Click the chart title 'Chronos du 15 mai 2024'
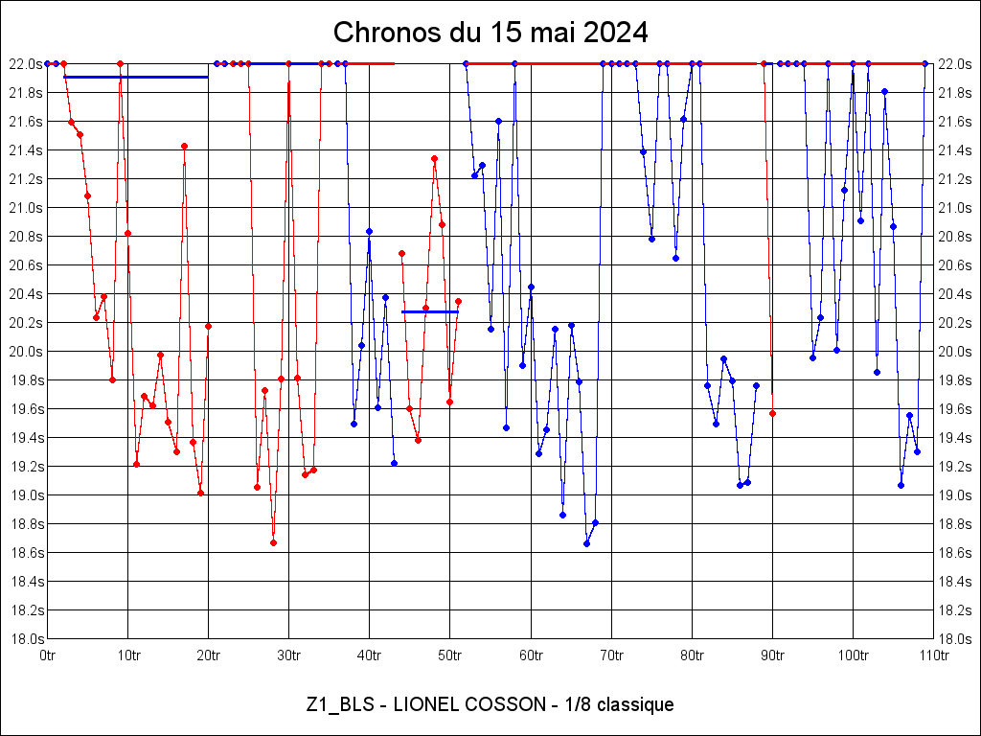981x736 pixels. tap(490, 33)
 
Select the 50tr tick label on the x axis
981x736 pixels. tap(450, 655)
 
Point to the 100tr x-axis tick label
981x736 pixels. tap(853, 655)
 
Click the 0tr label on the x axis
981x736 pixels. tap(48, 655)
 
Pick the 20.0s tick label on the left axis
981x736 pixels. tap(26, 351)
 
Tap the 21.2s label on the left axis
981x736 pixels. tap(26, 178)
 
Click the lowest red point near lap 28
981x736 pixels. tap(273, 542)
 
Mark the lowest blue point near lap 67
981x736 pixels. tap(586, 543)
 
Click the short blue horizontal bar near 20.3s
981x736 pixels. tap(429, 311)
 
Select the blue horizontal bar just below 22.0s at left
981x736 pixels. tap(135, 77)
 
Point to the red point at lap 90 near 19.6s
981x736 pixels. tap(772, 413)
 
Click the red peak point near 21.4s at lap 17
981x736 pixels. tap(184, 146)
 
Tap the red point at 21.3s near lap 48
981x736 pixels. tap(434, 158)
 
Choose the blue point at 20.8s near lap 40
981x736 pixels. tap(369, 231)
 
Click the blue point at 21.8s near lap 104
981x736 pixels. tap(884, 91)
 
